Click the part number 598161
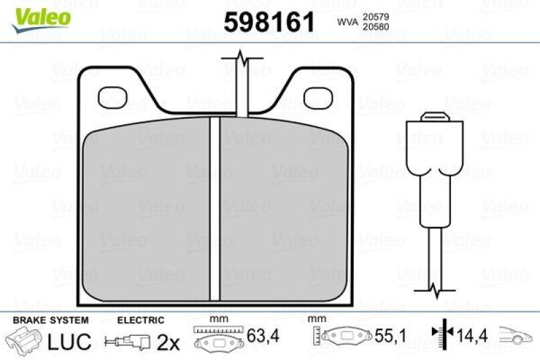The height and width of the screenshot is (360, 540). pos(269,23)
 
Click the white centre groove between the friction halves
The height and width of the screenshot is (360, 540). pos(215,209)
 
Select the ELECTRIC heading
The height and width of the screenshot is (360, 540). pos(140,320)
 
